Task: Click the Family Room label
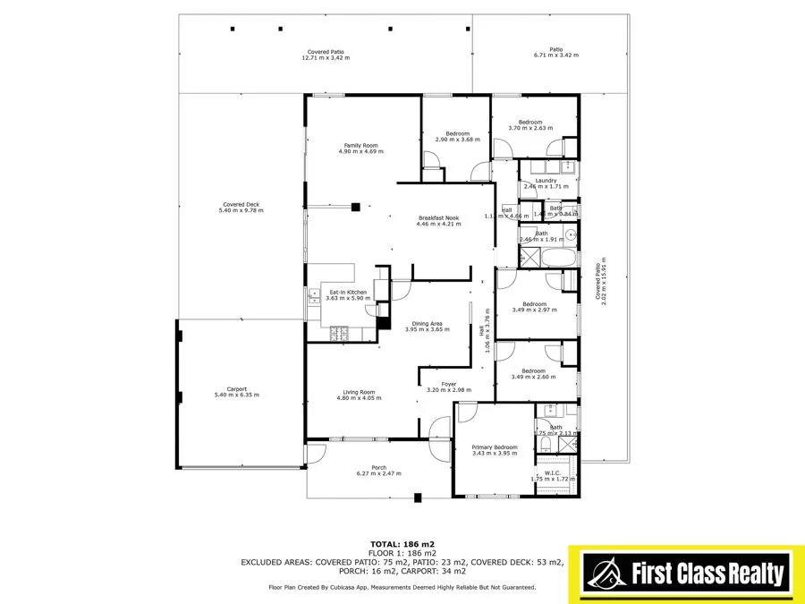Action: tap(360, 145)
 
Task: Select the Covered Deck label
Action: tap(241, 205)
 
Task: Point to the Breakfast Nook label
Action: tap(438, 217)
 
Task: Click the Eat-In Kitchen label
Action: tap(348, 293)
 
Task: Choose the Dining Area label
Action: tap(427, 323)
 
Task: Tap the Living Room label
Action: tap(359, 391)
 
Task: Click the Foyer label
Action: tap(448, 384)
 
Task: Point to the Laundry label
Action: tap(546, 181)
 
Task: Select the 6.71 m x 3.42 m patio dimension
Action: tap(555, 55)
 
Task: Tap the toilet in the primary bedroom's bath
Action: tap(545, 444)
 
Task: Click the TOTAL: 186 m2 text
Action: tap(402, 543)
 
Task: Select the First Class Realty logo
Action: tap(686, 572)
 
